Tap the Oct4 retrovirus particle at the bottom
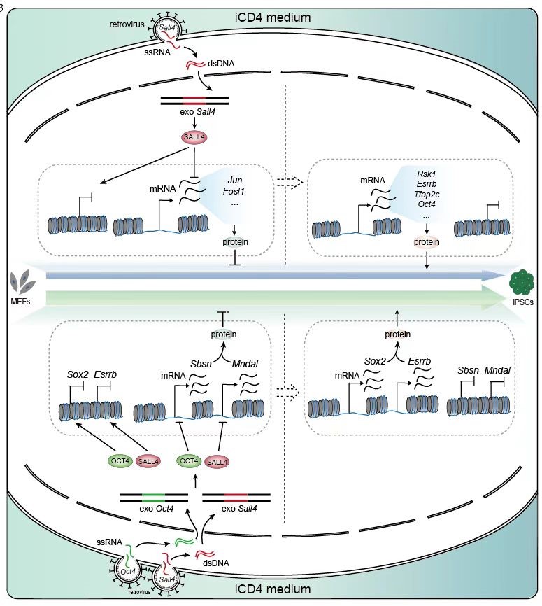(x=127, y=571)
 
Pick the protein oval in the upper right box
(x=426, y=241)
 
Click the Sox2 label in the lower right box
(x=376, y=360)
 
